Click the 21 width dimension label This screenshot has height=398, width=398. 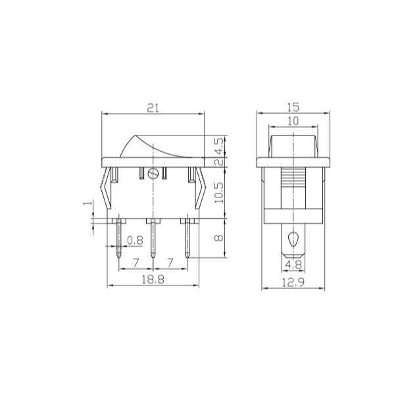click(153, 108)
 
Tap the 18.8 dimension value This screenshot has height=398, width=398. click(153, 280)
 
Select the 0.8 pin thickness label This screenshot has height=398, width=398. click(135, 240)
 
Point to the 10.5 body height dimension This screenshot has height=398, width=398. click(219, 193)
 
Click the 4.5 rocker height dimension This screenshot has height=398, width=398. click(219, 146)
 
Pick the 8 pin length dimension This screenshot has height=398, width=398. click(219, 238)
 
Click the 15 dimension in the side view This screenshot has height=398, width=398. click(293, 107)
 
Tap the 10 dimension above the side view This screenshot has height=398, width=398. click(293, 121)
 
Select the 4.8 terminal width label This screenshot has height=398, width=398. click(293, 265)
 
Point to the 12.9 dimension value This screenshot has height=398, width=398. click(293, 282)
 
